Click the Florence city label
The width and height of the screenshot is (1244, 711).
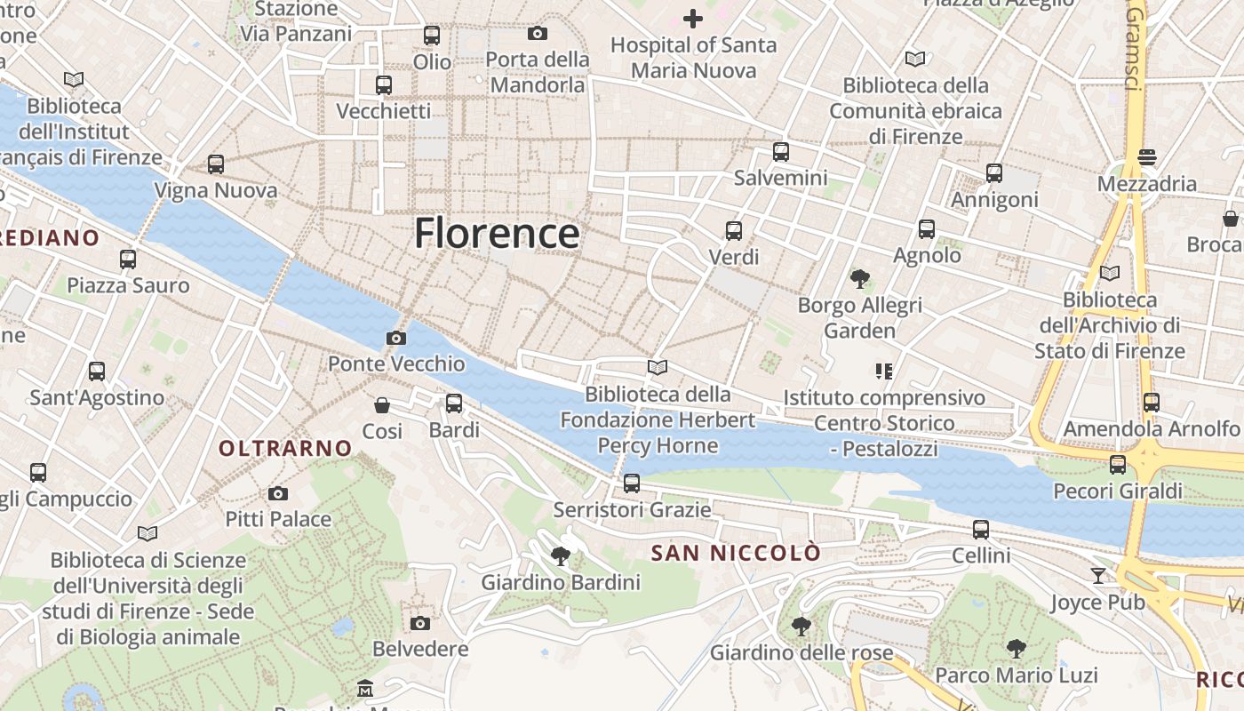(x=497, y=233)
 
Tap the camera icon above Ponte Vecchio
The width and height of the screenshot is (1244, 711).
(x=396, y=338)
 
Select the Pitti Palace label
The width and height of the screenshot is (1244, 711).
(x=278, y=519)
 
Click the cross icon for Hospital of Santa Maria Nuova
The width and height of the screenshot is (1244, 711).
(x=692, y=18)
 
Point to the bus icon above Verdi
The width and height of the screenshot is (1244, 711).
(x=734, y=231)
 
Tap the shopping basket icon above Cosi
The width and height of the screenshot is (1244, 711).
(x=382, y=405)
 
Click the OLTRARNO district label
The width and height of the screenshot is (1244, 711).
(x=285, y=449)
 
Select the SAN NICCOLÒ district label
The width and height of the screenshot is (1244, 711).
(x=736, y=554)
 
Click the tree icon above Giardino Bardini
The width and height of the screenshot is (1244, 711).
(x=561, y=556)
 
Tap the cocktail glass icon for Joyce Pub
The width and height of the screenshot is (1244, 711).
(x=1098, y=576)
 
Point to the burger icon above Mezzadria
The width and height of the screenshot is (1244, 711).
(x=1147, y=157)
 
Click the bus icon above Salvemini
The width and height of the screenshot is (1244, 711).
(x=781, y=152)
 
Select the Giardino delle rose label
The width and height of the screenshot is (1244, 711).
(x=801, y=653)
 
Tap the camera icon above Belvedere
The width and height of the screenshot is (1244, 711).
(x=420, y=623)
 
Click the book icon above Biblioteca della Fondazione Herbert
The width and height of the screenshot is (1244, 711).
(x=658, y=367)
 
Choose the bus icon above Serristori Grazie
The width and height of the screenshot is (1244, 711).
(x=632, y=483)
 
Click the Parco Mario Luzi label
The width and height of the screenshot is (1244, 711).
(x=1017, y=675)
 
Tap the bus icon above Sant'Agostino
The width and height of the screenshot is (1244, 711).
(x=97, y=371)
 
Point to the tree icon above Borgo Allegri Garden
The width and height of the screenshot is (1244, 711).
(x=859, y=279)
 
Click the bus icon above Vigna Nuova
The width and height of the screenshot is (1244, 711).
(x=216, y=164)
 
